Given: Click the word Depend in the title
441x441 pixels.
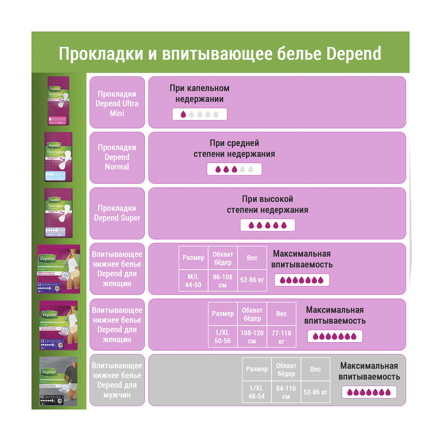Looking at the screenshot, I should pos(355,53).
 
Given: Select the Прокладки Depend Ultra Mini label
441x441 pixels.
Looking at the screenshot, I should pos(117,103).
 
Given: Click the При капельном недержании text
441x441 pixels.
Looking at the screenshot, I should pos(199,94).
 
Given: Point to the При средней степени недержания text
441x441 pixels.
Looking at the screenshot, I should pos(234,149).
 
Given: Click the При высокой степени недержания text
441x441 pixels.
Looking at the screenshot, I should pos(267,204).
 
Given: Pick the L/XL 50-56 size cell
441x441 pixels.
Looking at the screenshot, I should pos(222,336).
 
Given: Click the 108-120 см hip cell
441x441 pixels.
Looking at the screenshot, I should pos(252,336).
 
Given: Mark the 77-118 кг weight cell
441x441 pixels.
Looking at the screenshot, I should pos(281,336).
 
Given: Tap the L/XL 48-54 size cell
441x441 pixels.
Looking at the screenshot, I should pos(256,392).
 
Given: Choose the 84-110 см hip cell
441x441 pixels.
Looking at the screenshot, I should pos(286,392).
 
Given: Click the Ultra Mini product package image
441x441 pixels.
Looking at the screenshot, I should pos(59,101).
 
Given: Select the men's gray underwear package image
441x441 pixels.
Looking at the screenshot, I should pos(59,382).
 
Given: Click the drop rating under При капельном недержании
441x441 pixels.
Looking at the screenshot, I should pos(199,115).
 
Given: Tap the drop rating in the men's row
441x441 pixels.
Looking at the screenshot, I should pos(369,392).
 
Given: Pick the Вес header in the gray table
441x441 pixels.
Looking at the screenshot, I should pos(315,369).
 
